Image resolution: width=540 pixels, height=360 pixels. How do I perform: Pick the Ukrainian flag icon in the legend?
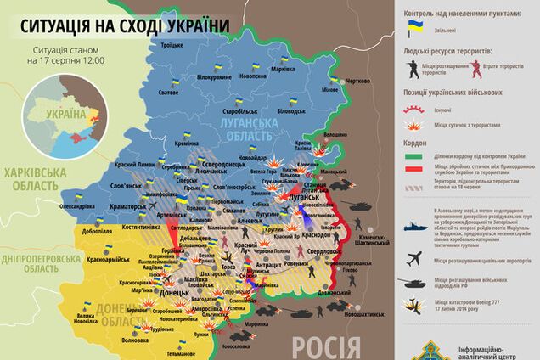click(415, 30)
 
